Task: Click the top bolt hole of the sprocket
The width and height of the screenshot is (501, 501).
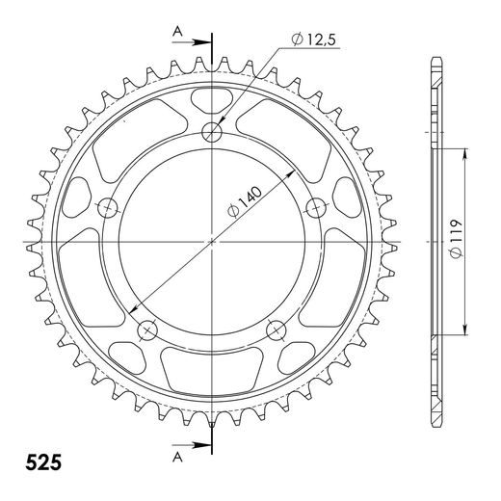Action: (x=212, y=132)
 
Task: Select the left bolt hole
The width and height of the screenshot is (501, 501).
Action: (x=107, y=206)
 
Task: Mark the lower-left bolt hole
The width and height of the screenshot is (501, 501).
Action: (x=147, y=330)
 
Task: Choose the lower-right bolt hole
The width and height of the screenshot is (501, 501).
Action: (x=276, y=330)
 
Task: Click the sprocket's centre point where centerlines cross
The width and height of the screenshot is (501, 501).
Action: (x=212, y=241)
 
